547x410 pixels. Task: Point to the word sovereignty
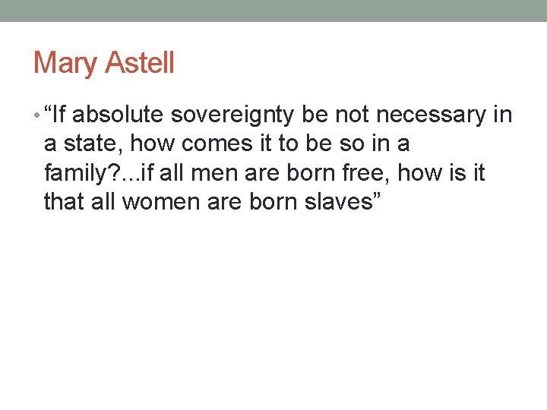(233, 116)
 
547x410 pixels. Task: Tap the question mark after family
(110, 172)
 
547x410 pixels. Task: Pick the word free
(366, 172)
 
